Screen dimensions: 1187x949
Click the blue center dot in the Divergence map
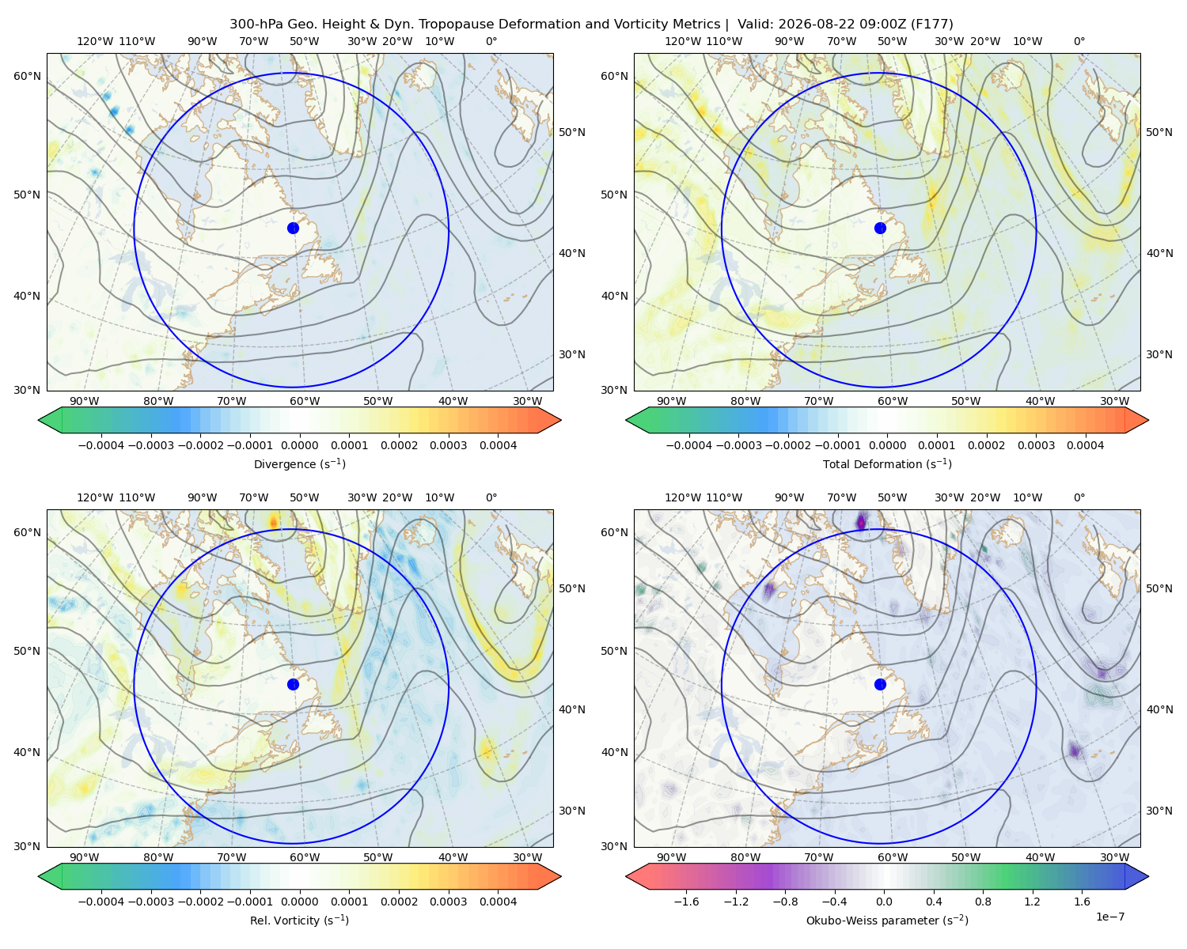pos(293,228)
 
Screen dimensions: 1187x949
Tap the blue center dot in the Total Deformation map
pos(880,228)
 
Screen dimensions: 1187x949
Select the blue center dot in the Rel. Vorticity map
pos(293,684)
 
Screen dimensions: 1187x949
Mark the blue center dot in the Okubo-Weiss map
pos(880,684)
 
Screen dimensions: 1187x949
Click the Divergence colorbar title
pos(299,463)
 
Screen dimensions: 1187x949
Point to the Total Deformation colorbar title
pos(887,463)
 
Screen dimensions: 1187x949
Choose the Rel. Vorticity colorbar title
pos(299,920)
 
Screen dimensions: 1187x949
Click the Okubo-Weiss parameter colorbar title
pos(887,920)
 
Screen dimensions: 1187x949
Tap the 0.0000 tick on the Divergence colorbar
pos(299,445)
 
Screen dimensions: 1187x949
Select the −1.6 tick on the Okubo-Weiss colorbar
pos(686,901)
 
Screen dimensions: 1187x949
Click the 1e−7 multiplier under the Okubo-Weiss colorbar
pos(1109,917)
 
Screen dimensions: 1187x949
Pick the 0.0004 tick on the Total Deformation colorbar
pos(1085,445)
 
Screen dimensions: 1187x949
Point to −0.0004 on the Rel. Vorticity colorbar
pos(101,901)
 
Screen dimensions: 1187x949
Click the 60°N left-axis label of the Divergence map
pos(27,76)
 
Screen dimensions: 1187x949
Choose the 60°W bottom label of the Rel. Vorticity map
pos(305,857)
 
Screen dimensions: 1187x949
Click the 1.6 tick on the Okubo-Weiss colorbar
pos(1083,901)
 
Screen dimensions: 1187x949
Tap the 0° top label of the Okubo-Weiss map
pos(1079,497)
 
